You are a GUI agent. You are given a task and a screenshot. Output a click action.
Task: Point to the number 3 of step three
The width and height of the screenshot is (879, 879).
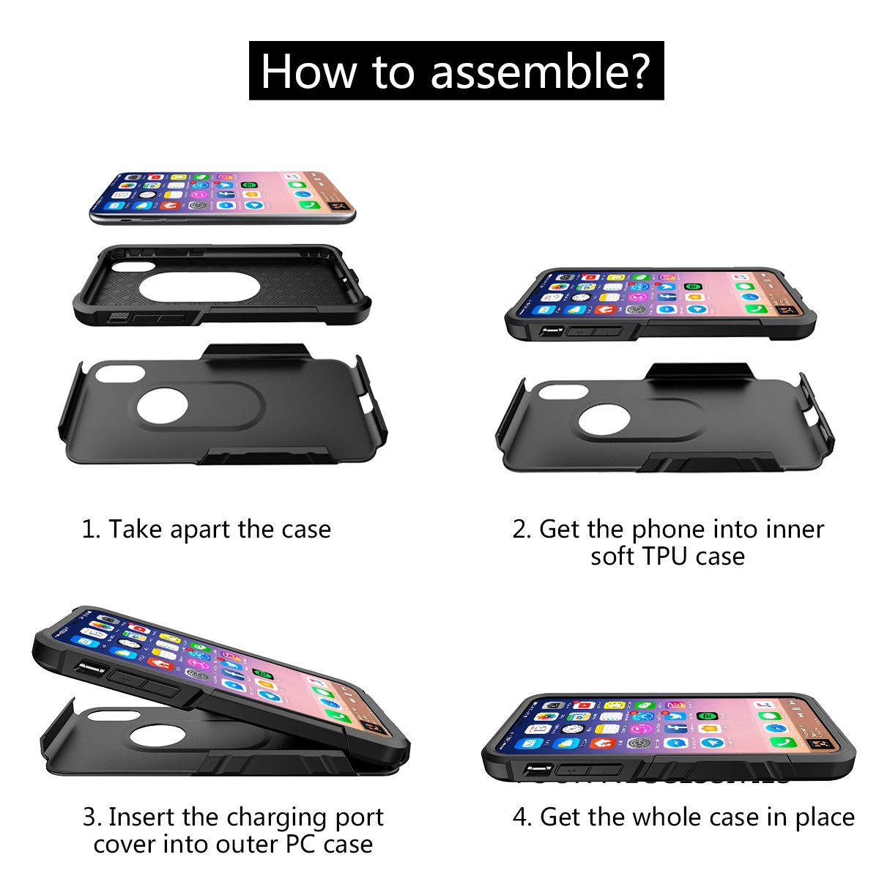point(89,817)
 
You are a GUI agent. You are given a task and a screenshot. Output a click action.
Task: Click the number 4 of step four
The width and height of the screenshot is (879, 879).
point(521,817)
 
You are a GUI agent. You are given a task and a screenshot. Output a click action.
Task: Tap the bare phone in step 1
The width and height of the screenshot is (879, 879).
point(222,197)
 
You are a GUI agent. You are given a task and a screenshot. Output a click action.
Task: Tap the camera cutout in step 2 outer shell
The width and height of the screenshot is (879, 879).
point(561,390)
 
